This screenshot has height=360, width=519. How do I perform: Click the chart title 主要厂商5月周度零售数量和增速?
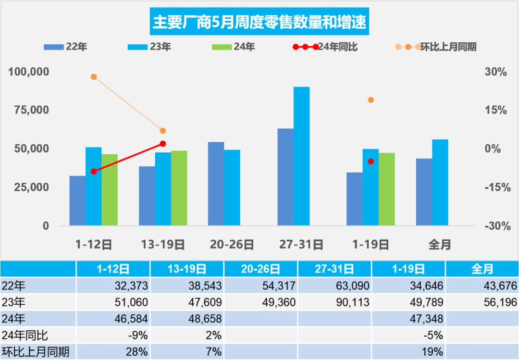coord(259,22)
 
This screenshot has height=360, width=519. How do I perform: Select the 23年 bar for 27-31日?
coord(301,156)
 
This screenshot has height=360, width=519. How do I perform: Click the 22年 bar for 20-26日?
coord(216,184)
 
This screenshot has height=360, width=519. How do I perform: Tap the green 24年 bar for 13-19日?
coord(179,188)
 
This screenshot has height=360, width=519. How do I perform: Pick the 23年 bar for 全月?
coord(440,182)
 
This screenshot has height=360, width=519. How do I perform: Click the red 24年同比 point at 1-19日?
coord(371,161)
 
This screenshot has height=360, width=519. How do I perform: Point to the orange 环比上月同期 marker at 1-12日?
coord(94,77)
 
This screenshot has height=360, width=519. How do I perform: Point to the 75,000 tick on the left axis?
coord(29,110)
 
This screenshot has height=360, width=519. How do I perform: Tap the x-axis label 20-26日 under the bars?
coord(232,245)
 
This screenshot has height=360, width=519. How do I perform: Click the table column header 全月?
coord(482,269)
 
